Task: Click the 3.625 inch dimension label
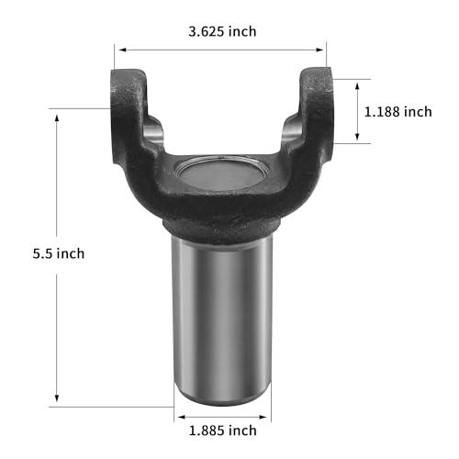(222, 31)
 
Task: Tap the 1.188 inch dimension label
(398, 112)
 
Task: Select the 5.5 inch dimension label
(59, 253)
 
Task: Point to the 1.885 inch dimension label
(222, 431)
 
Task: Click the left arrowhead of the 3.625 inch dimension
(122, 50)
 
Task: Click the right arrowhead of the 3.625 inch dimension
(319, 50)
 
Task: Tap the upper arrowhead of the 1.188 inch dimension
(357, 86)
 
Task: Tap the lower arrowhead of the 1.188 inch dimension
(357, 137)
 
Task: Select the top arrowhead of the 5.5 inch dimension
(57, 118)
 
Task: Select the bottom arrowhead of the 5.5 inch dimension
(57, 397)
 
